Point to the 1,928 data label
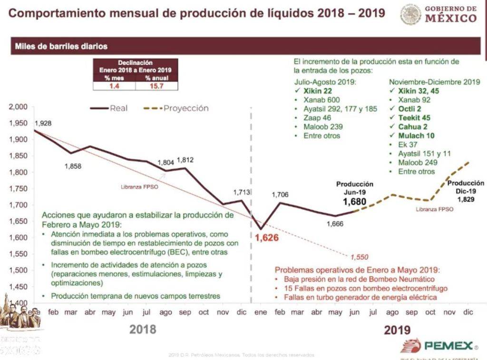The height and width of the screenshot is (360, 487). pyautogui.click(x=43, y=124)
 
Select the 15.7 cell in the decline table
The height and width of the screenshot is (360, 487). pyautogui.click(x=156, y=86)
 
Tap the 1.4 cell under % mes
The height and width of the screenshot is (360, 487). pyautogui.click(x=114, y=86)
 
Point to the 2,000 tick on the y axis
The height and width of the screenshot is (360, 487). pyautogui.click(x=18, y=107)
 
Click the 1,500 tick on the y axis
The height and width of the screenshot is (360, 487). pyautogui.click(x=18, y=270)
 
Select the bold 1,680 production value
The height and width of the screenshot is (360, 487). pyautogui.click(x=355, y=202)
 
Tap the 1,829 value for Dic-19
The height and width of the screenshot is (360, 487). pyautogui.click(x=466, y=199)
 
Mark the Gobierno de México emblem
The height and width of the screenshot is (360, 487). pyautogui.click(x=410, y=15)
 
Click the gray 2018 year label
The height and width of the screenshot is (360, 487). pyautogui.click(x=142, y=329)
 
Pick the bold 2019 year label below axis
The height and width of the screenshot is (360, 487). pyautogui.click(x=397, y=330)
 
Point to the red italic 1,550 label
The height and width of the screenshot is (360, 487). pyautogui.click(x=359, y=257)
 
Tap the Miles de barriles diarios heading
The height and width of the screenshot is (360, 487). pyautogui.click(x=61, y=47)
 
